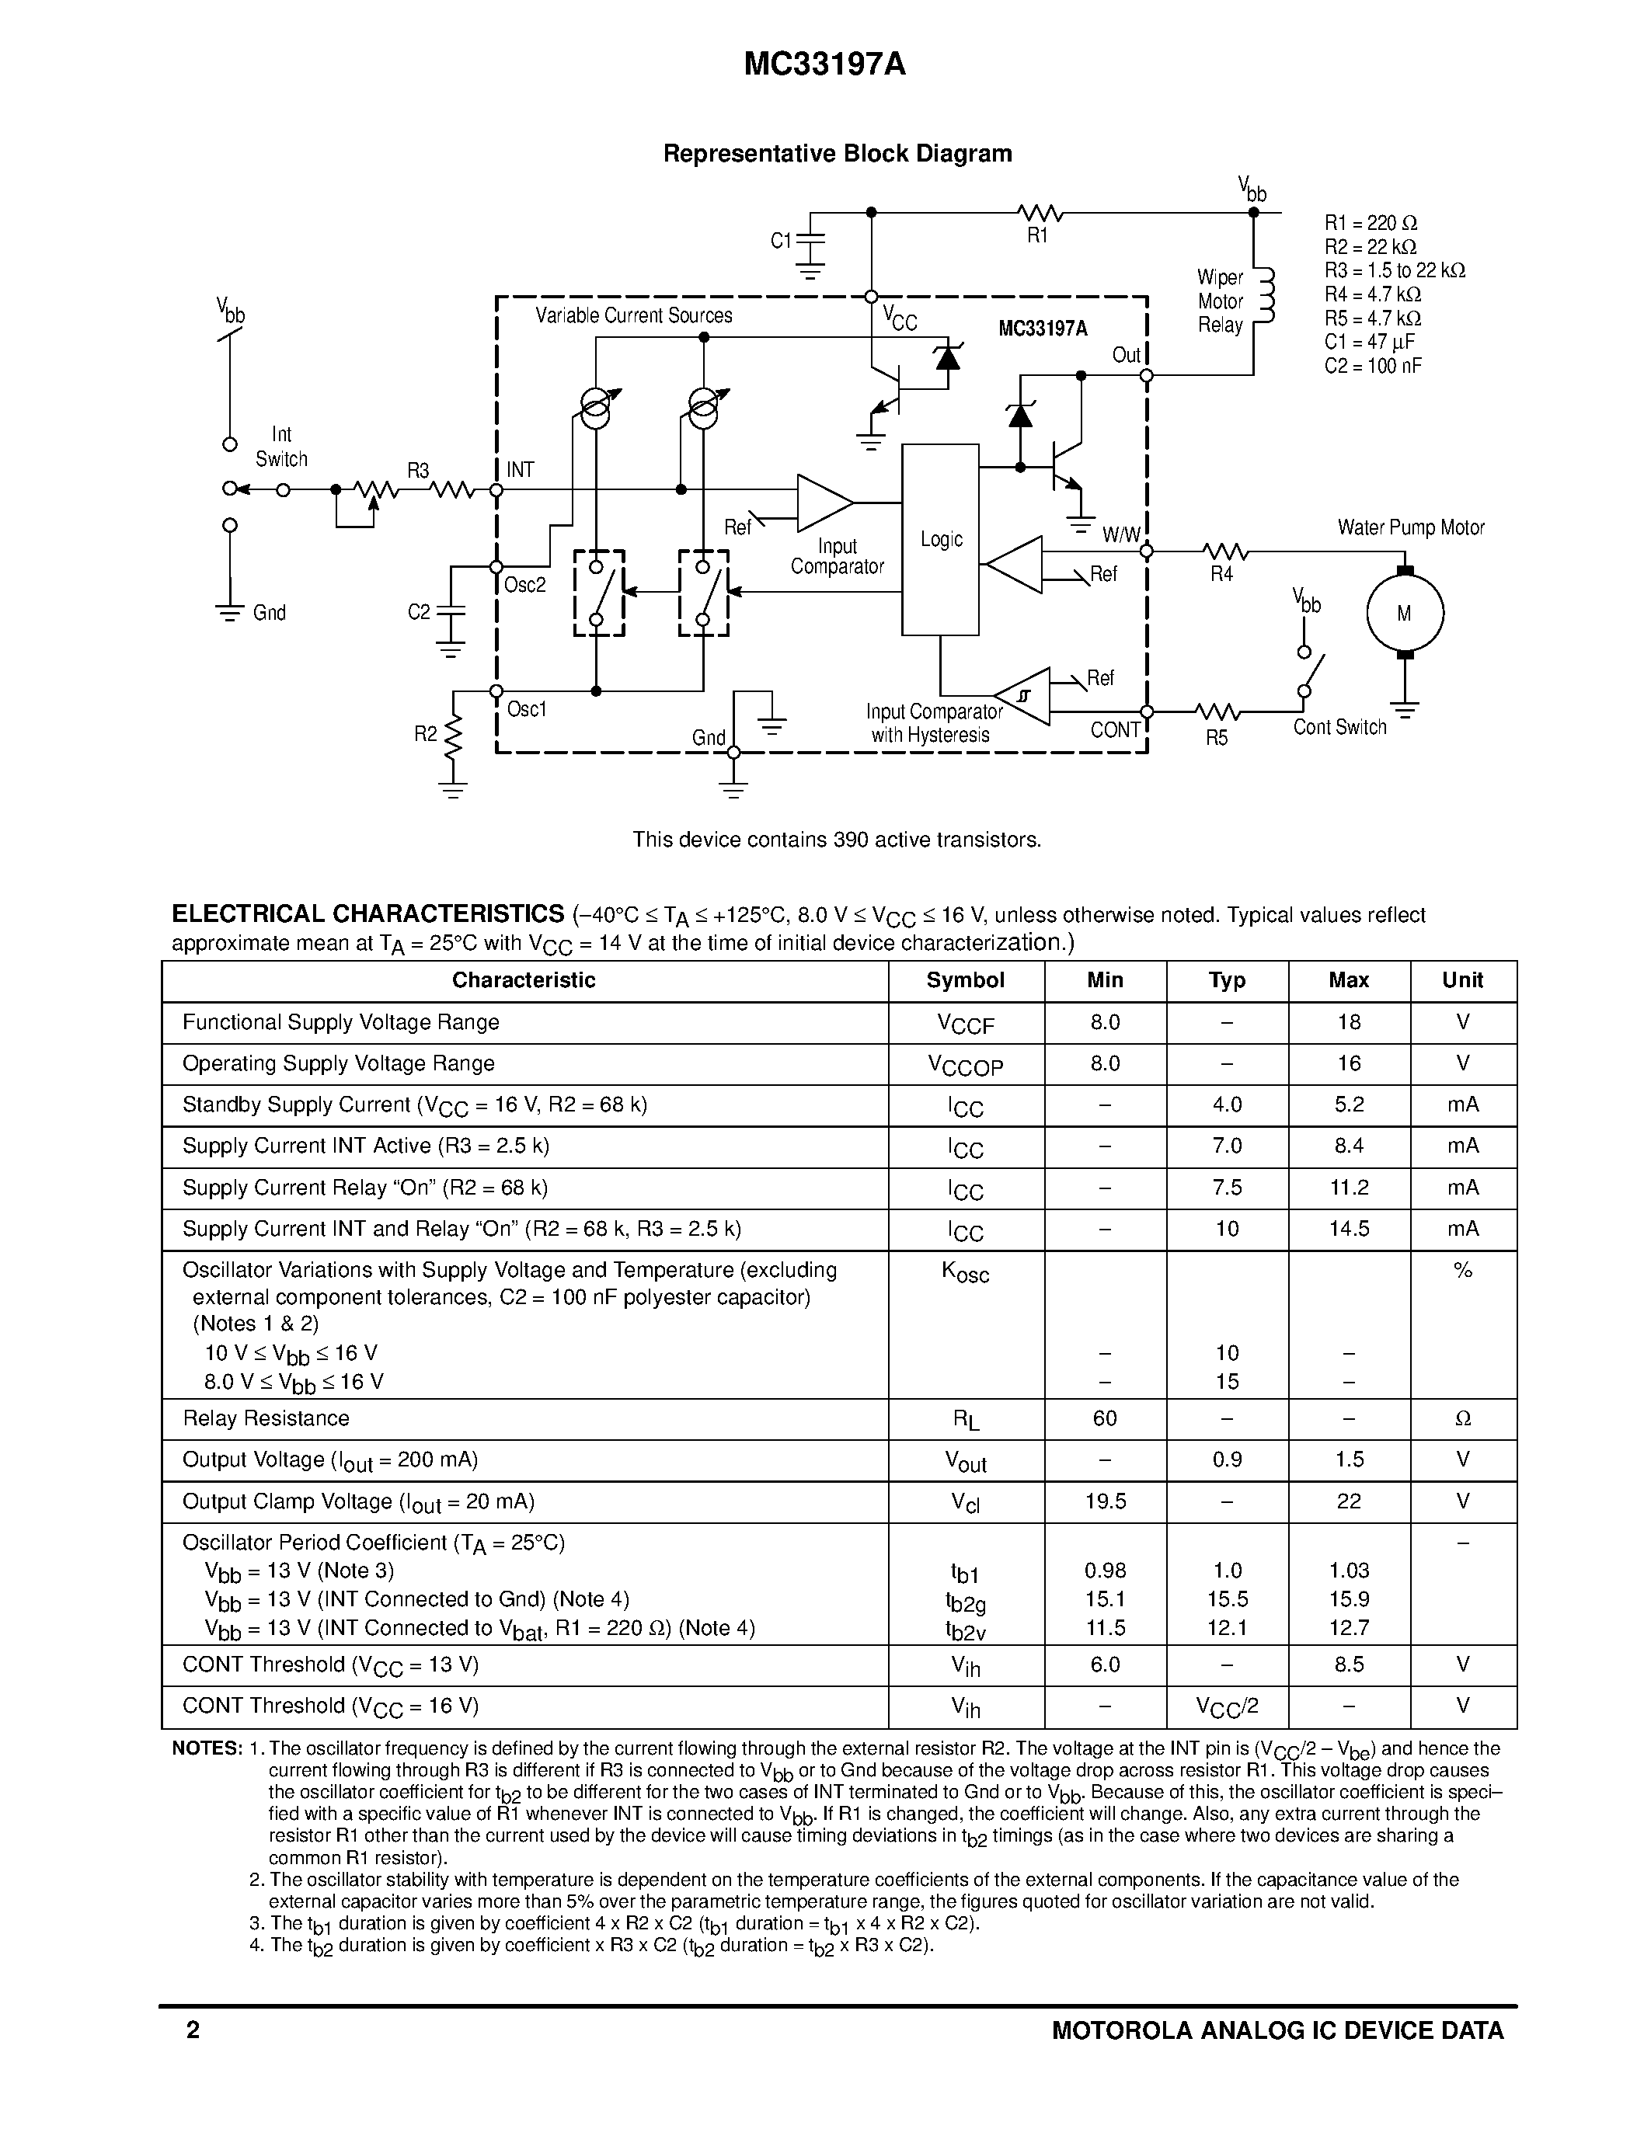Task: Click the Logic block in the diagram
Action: [940, 539]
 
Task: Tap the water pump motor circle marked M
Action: [1405, 613]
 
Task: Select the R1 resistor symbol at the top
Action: [1040, 212]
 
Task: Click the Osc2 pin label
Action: [525, 585]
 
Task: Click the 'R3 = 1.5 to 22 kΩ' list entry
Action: [1395, 270]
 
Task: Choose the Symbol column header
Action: [966, 980]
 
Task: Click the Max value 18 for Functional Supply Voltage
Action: [1349, 1022]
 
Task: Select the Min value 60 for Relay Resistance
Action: [1104, 1418]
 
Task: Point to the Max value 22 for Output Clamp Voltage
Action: [1349, 1501]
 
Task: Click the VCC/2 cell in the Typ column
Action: [1227, 1706]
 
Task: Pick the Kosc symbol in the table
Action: [966, 1272]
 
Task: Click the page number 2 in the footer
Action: [193, 2030]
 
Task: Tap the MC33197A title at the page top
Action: [824, 64]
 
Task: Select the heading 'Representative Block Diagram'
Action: [838, 154]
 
